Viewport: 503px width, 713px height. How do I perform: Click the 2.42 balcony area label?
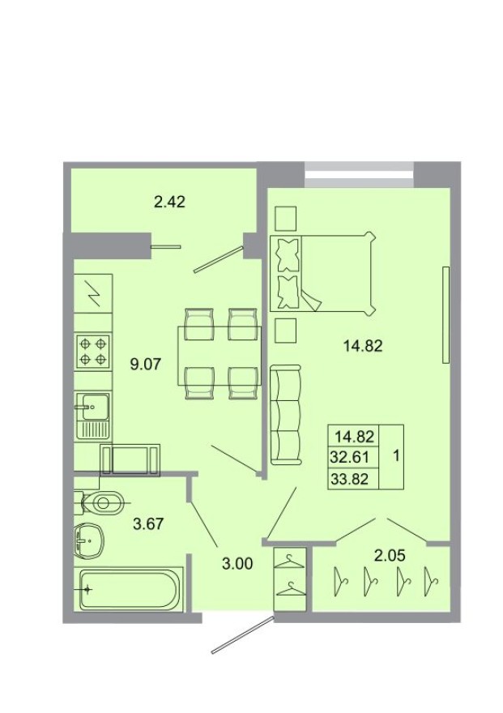pyautogui.click(x=170, y=202)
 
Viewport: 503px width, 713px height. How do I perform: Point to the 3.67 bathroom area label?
pyautogui.click(x=149, y=523)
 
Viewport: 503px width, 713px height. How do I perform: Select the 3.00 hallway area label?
pyautogui.click(x=237, y=563)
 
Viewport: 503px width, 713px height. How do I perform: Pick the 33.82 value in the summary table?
pyautogui.click(x=349, y=478)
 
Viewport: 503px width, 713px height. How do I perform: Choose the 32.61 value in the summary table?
pyautogui.click(x=349, y=456)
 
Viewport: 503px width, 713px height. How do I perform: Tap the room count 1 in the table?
pyautogui.click(x=395, y=456)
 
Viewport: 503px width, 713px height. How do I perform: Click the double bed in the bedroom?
pyautogui.click(x=323, y=273)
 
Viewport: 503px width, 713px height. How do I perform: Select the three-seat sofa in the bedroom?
pyautogui.click(x=284, y=416)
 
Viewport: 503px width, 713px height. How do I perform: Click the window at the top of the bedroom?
pyautogui.click(x=360, y=173)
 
